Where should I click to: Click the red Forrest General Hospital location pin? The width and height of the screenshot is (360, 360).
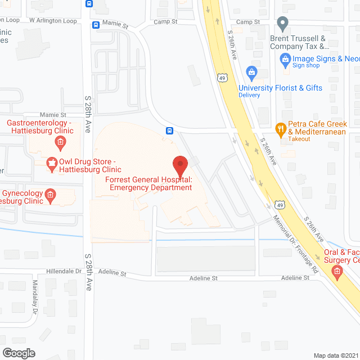click(x=179, y=165)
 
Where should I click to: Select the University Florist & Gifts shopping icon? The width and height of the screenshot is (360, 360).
click(x=251, y=71)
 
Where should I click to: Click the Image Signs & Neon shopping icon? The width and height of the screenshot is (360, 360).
click(x=285, y=58)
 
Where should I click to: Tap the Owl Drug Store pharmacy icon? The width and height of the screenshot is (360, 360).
click(x=52, y=164)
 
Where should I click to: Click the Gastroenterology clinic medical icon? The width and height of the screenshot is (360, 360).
click(x=59, y=142)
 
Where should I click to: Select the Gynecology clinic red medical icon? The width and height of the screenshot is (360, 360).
click(x=50, y=195)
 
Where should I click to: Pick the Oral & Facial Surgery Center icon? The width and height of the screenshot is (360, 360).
click(x=337, y=274)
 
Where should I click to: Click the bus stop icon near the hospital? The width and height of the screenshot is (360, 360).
click(x=169, y=131)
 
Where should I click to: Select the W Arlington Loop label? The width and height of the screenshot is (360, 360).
click(x=53, y=20)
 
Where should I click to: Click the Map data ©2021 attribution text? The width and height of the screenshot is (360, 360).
click(x=334, y=355)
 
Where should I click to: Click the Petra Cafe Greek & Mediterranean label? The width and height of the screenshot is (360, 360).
click(x=318, y=128)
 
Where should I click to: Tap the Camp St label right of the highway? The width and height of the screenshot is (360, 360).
click(x=248, y=22)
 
